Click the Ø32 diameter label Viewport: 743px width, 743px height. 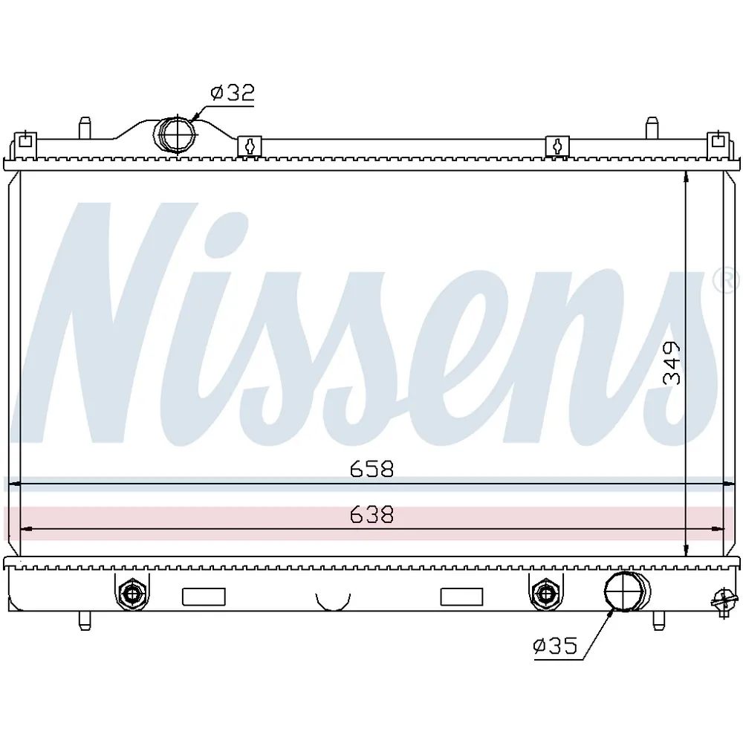pyautogui.click(x=233, y=92)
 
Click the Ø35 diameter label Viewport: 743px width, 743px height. pyautogui.click(x=555, y=646)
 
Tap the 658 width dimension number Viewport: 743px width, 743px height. pyautogui.click(x=372, y=469)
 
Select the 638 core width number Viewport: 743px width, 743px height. pyautogui.click(x=372, y=515)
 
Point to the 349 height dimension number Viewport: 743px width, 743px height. pyautogui.click(x=672, y=363)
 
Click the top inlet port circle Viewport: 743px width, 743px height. pyautogui.click(x=175, y=134)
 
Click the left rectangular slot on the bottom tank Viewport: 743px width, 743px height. pyautogui.click(x=204, y=597)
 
